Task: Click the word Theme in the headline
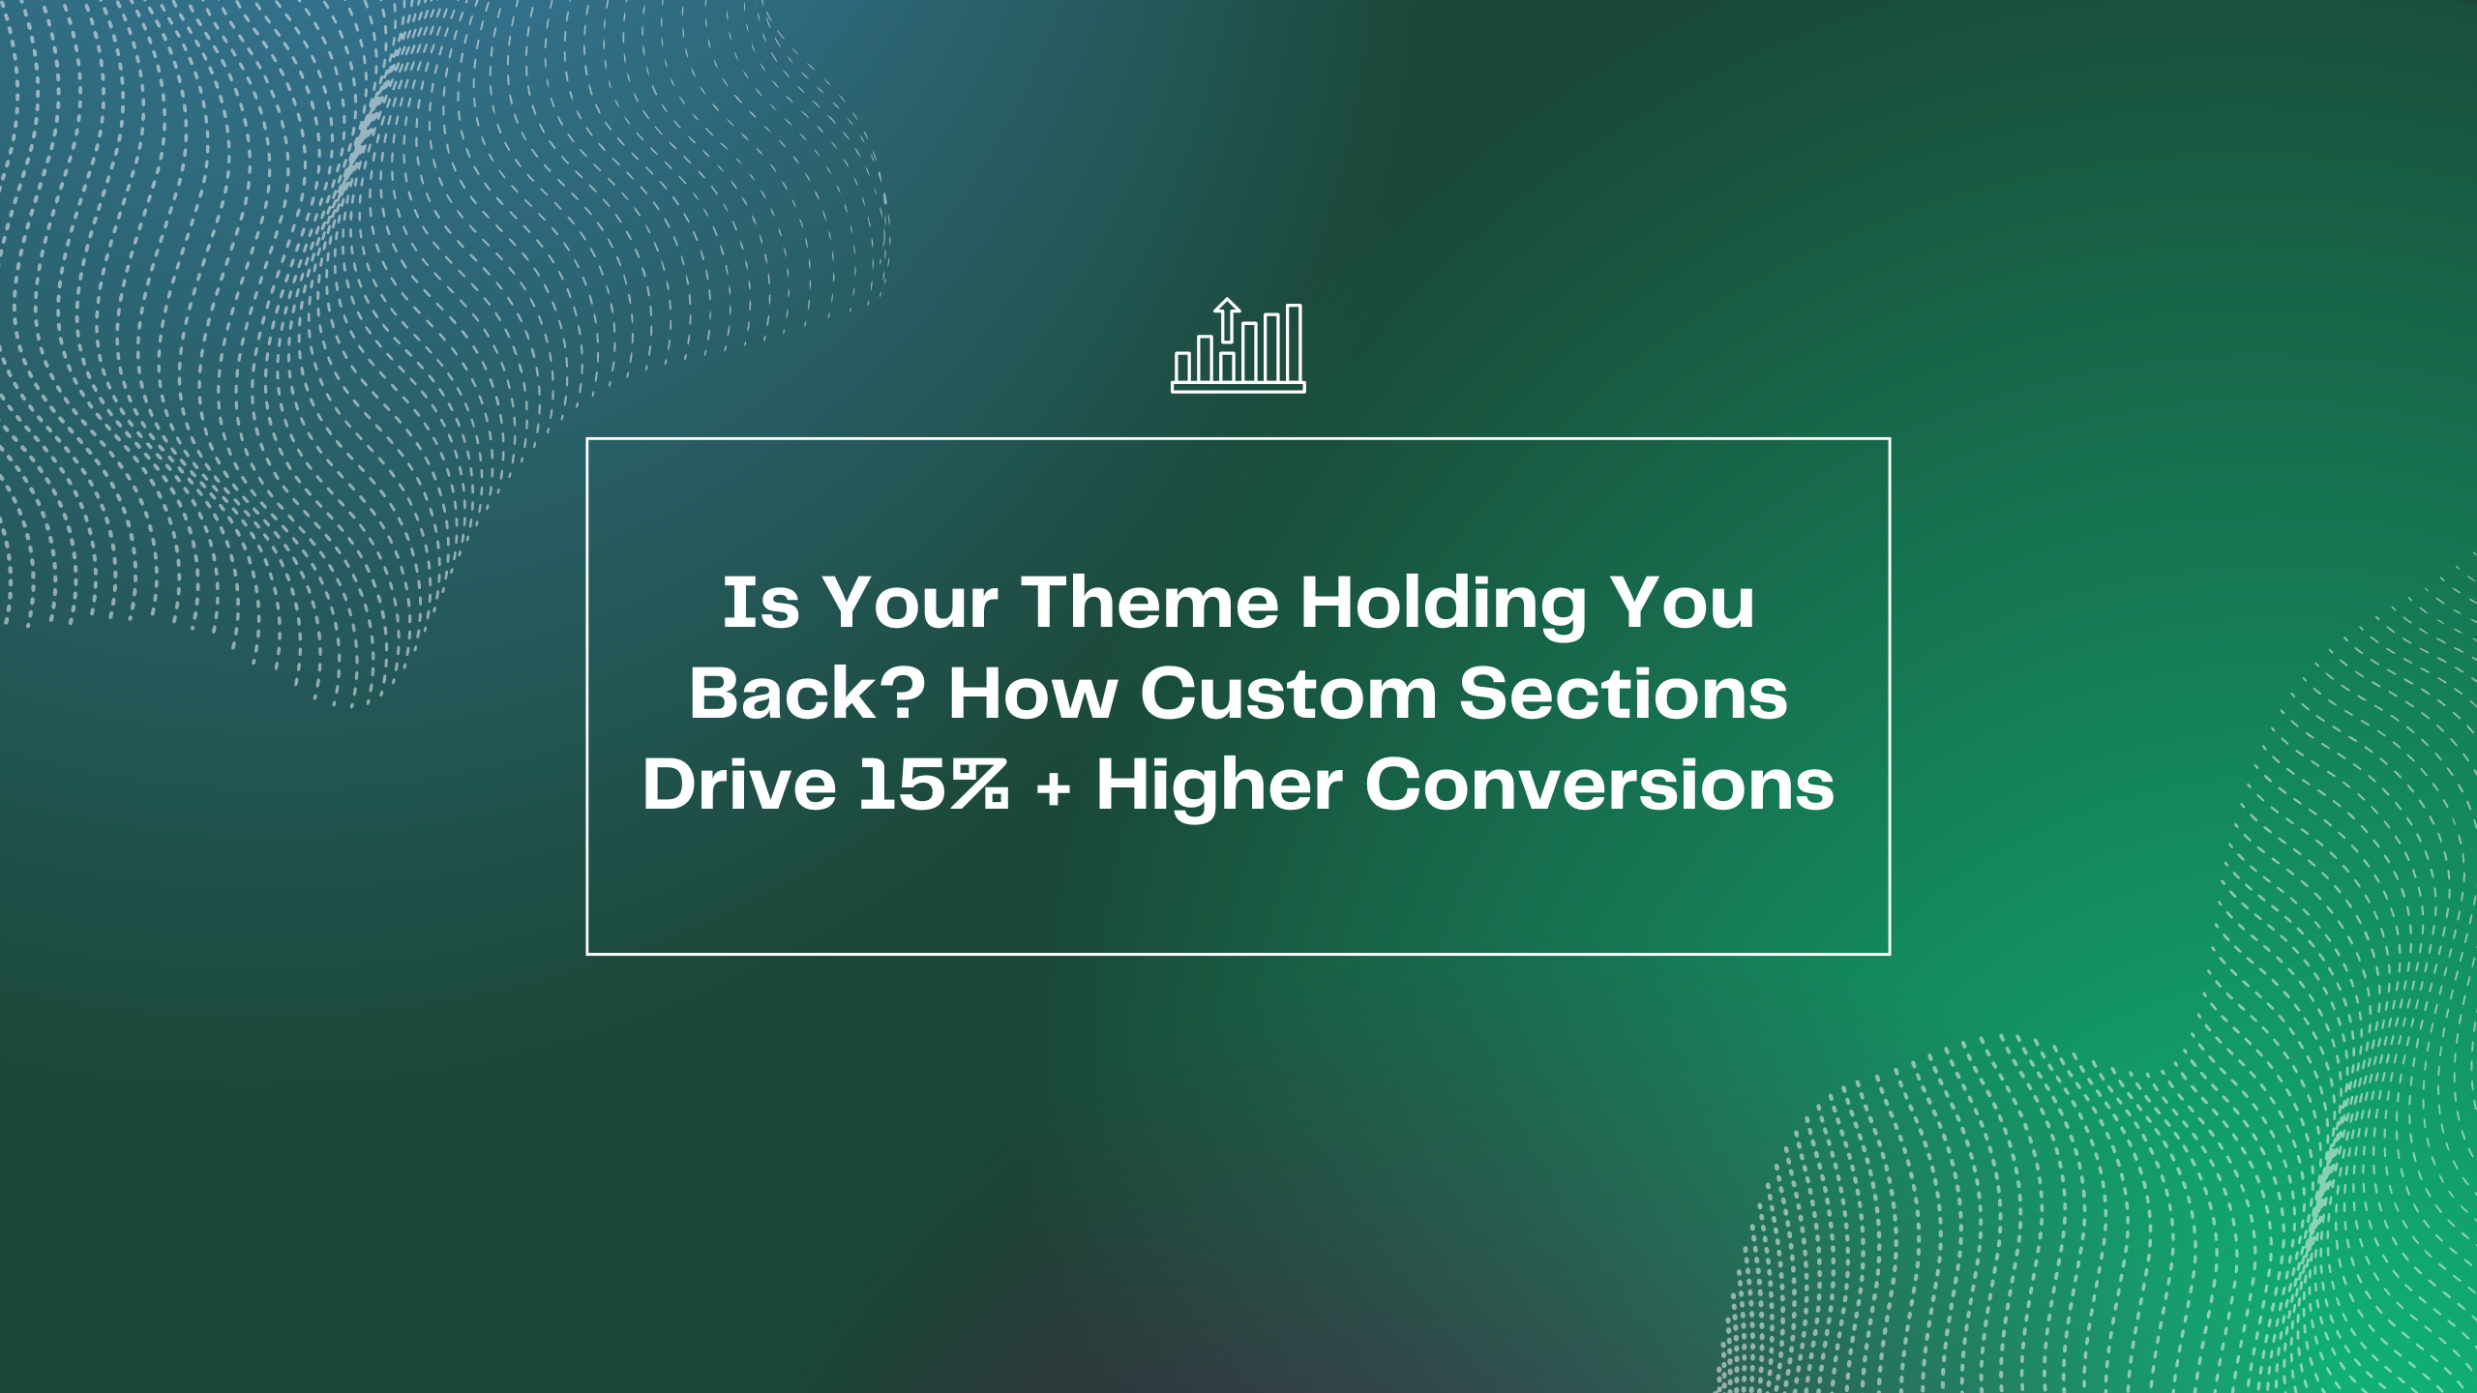pyautogui.click(x=1149, y=603)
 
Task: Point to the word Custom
pyautogui.click(x=1289, y=694)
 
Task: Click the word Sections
pyautogui.click(x=1624, y=694)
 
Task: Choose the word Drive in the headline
pyautogui.click(x=739, y=785)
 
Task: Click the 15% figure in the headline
pyautogui.click(x=935, y=785)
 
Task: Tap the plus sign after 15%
pyautogui.click(x=1053, y=787)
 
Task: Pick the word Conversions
pyautogui.click(x=1599, y=785)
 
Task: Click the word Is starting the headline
pyautogui.click(x=761, y=603)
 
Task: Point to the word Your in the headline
pyautogui.click(x=910, y=603)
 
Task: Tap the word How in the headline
pyautogui.click(x=1033, y=694)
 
